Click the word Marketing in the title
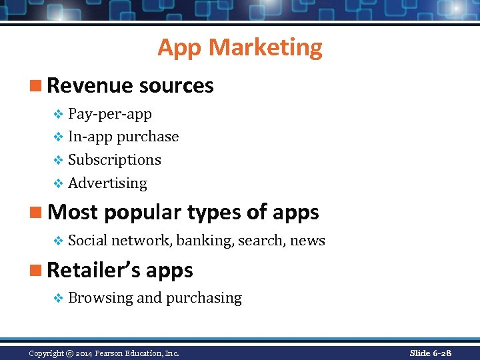pos(265,47)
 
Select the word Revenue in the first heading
pos(90,86)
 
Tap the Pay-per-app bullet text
pos(110,114)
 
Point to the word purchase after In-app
pos(147,137)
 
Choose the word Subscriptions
pos(115,160)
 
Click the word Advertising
pos(107,183)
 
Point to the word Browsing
pos(100,298)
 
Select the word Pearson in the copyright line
pos(113,353)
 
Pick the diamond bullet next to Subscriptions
pos(58,160)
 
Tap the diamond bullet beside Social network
pos(58,241)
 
